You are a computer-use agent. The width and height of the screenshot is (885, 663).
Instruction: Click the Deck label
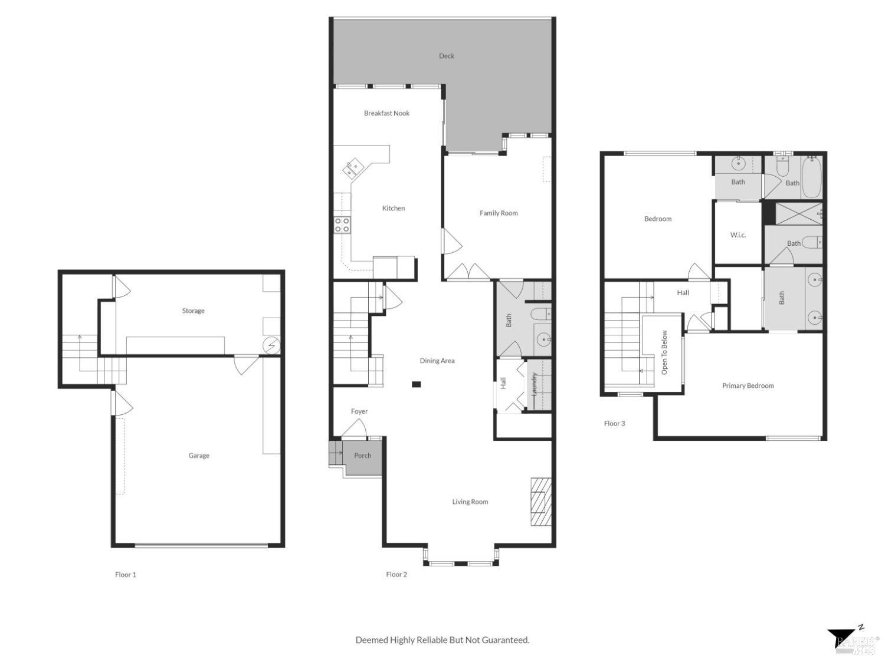(447, 56)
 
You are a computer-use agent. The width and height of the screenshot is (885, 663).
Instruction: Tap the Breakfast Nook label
(386, 113)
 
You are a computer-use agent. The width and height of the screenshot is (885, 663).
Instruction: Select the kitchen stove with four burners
(342, 225)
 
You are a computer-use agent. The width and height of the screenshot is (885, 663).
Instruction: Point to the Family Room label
(499, 213)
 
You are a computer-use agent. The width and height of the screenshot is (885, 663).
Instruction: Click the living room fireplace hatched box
(540, 501)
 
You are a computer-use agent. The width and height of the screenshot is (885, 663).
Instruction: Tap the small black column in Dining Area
(416, 385)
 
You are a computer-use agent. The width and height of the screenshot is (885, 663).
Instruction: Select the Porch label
(363, 456)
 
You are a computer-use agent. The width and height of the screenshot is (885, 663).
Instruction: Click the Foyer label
(359, 411)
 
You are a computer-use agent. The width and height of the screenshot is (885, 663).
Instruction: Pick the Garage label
(199, 456)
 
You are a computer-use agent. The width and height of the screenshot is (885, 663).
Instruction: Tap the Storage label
(193, 311)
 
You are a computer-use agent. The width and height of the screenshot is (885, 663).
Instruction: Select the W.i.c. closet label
(738, 235)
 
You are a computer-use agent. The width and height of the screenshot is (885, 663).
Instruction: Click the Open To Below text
(664, 352)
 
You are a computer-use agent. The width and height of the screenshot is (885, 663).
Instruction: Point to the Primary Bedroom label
(748, 385)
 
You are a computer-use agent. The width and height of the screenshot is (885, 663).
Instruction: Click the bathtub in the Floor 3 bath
(811, 176)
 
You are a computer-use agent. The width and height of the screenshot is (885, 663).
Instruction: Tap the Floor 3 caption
(614, 423)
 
